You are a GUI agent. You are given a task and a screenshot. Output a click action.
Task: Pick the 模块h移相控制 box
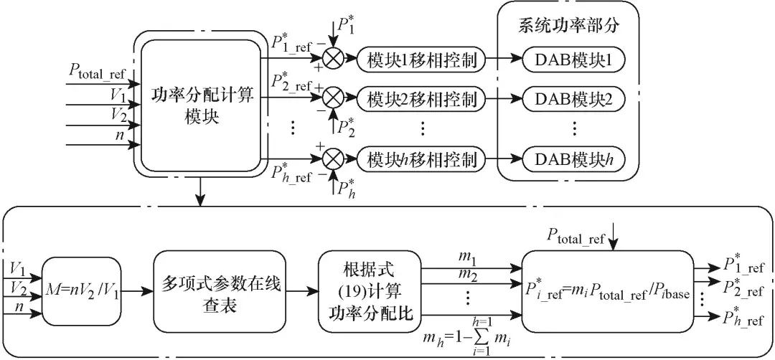pyautogui.click(x=420, y=158)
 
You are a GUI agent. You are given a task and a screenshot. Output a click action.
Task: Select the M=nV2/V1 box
pyautogui.click(x=83, y=290)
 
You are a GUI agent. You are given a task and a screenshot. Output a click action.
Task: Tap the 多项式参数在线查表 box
pyautogui.click(x=220, y=290)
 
